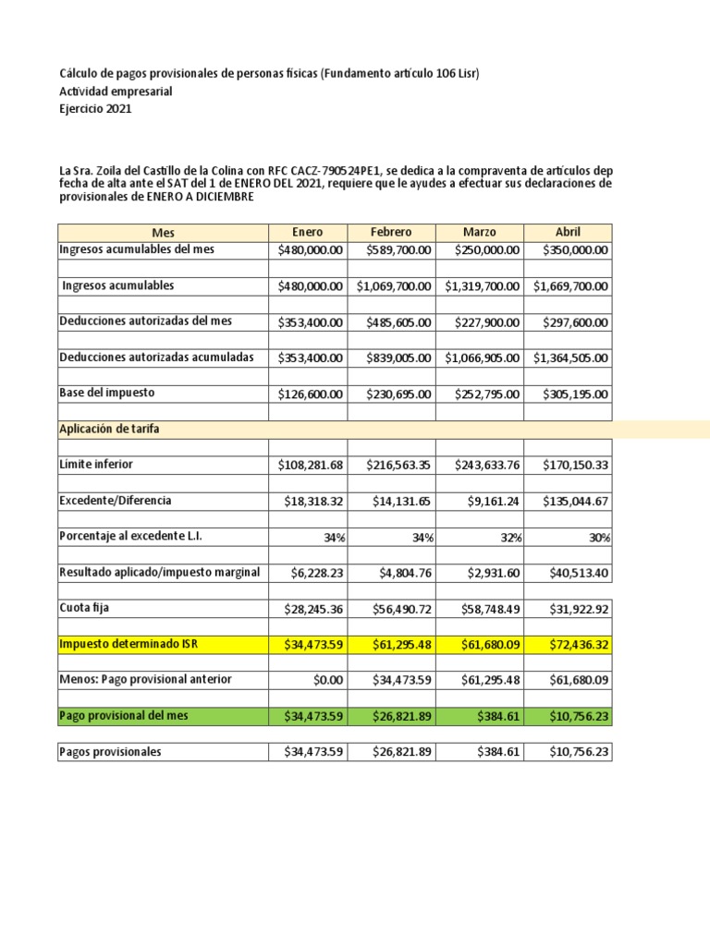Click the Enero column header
point(308,233)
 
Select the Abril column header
point(567,233)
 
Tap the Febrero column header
point(391,233)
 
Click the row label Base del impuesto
point(107,394)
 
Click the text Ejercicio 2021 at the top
point(95,109)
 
